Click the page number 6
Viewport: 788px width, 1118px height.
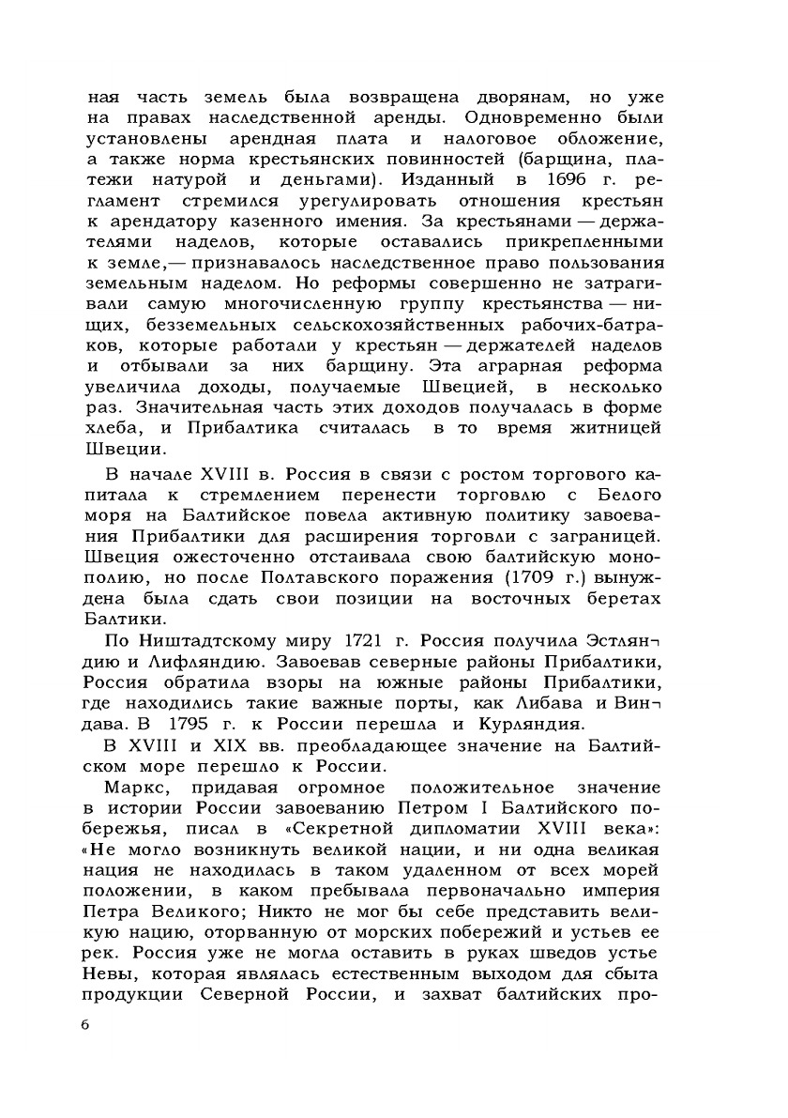click(x=84, y=1024)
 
